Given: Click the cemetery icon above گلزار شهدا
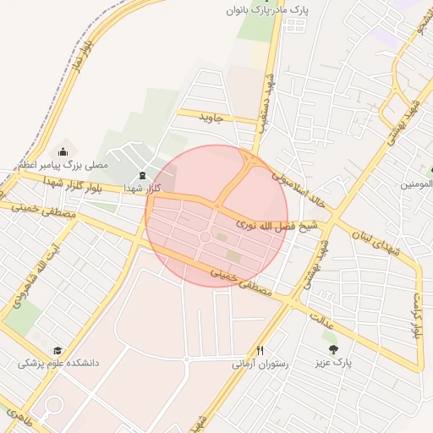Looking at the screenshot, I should pyautogui.click(x=141, y=175).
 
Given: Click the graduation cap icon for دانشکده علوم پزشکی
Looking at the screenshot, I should pyautogui.click(x=58, y=350).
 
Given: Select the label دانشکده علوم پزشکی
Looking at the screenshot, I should pyautogui.click(x=58, y=364).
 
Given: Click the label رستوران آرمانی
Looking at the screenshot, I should pyautogui.click(x=260, y=364).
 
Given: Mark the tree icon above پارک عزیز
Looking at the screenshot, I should pyautogui.click(x=332, y=348).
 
